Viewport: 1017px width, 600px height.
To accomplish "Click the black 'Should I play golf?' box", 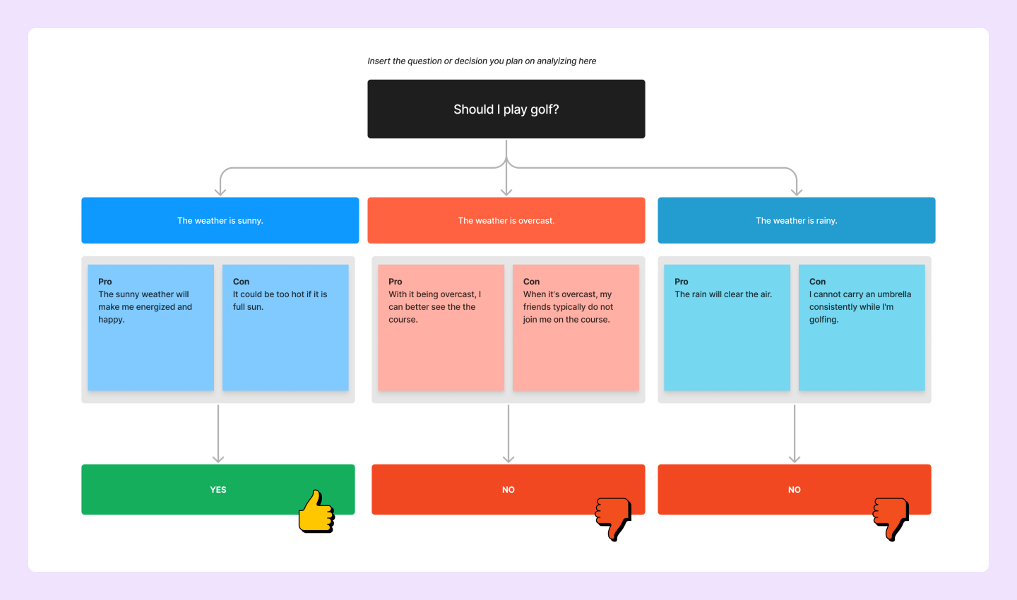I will (x=506, y=109).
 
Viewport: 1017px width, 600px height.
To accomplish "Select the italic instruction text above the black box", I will (x=482, y=61).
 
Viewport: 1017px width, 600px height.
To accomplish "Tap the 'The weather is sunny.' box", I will (x=220, y=220).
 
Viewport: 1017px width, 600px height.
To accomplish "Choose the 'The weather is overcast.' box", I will (x=506, y=220).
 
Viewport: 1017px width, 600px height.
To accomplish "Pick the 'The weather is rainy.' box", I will (x=796, y=220).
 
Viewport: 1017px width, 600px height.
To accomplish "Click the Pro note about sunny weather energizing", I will (x=150, y=328).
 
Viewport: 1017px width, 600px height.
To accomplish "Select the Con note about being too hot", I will (x=285, y=328).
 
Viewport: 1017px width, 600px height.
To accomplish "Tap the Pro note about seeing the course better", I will (x=441, y=328).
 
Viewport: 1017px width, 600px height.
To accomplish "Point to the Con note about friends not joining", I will (x=576, y=328).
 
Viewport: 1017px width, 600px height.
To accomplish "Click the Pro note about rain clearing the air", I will (x=727, y=328).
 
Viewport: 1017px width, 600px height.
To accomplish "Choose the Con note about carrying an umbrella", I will (x=862, y=328).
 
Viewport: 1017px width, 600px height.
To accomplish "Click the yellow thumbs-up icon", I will (x=316, y=512).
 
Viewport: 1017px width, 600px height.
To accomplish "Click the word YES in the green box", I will (x=218, y=489).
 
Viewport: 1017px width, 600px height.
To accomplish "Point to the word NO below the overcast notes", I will (x=509, y=489).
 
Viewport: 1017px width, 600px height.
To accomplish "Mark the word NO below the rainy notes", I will (x=795, y=489).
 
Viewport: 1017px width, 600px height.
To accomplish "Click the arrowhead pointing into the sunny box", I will (x=220, y=191).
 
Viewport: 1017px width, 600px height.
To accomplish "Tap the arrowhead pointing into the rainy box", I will (x=797, y=191).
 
